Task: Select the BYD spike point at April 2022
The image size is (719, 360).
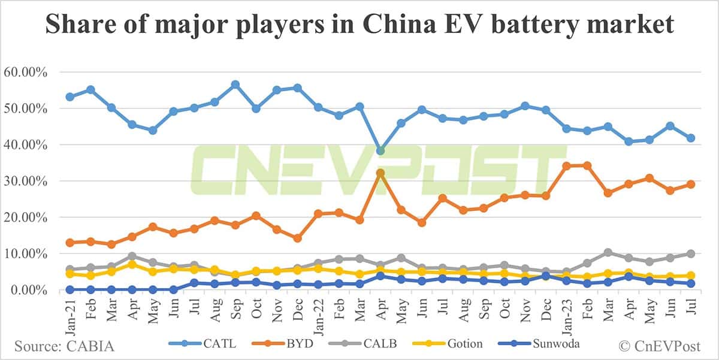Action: pos(380,173)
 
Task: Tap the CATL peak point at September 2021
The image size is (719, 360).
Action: pos(235,84)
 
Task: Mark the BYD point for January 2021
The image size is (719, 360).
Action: pos(70,243)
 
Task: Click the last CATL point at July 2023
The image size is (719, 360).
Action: pos(691,138)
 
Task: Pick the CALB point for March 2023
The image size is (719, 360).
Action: pos(608,253)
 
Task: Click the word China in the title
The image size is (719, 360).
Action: pos(364,25)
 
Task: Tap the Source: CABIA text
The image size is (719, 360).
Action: pos(64,346)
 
